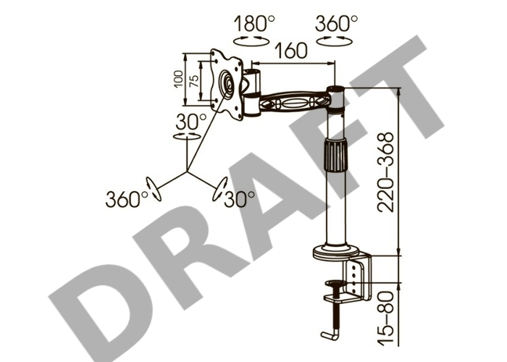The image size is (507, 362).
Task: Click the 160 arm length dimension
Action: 290,51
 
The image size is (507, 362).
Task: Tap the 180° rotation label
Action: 254,24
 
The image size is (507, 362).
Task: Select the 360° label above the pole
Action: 337,24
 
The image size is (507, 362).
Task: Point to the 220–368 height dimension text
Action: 386,172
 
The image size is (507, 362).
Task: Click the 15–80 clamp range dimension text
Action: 386,319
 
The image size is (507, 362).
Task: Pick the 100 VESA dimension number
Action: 178,80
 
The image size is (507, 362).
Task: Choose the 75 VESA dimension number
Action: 193,81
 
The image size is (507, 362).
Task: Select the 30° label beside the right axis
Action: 239,199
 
